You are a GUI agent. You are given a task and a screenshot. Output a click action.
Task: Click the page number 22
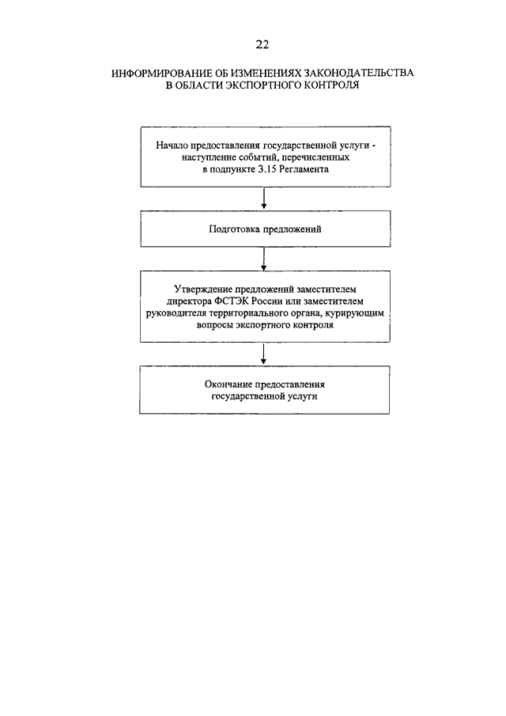point(262,44)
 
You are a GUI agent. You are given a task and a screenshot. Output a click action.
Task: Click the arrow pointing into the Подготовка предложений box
point(264,199)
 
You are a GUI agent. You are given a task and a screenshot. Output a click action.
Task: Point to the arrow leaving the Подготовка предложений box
point(264,259)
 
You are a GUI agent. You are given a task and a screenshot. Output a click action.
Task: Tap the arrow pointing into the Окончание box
point(264,354)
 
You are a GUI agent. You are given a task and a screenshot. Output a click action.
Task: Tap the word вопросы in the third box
point(215,325)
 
